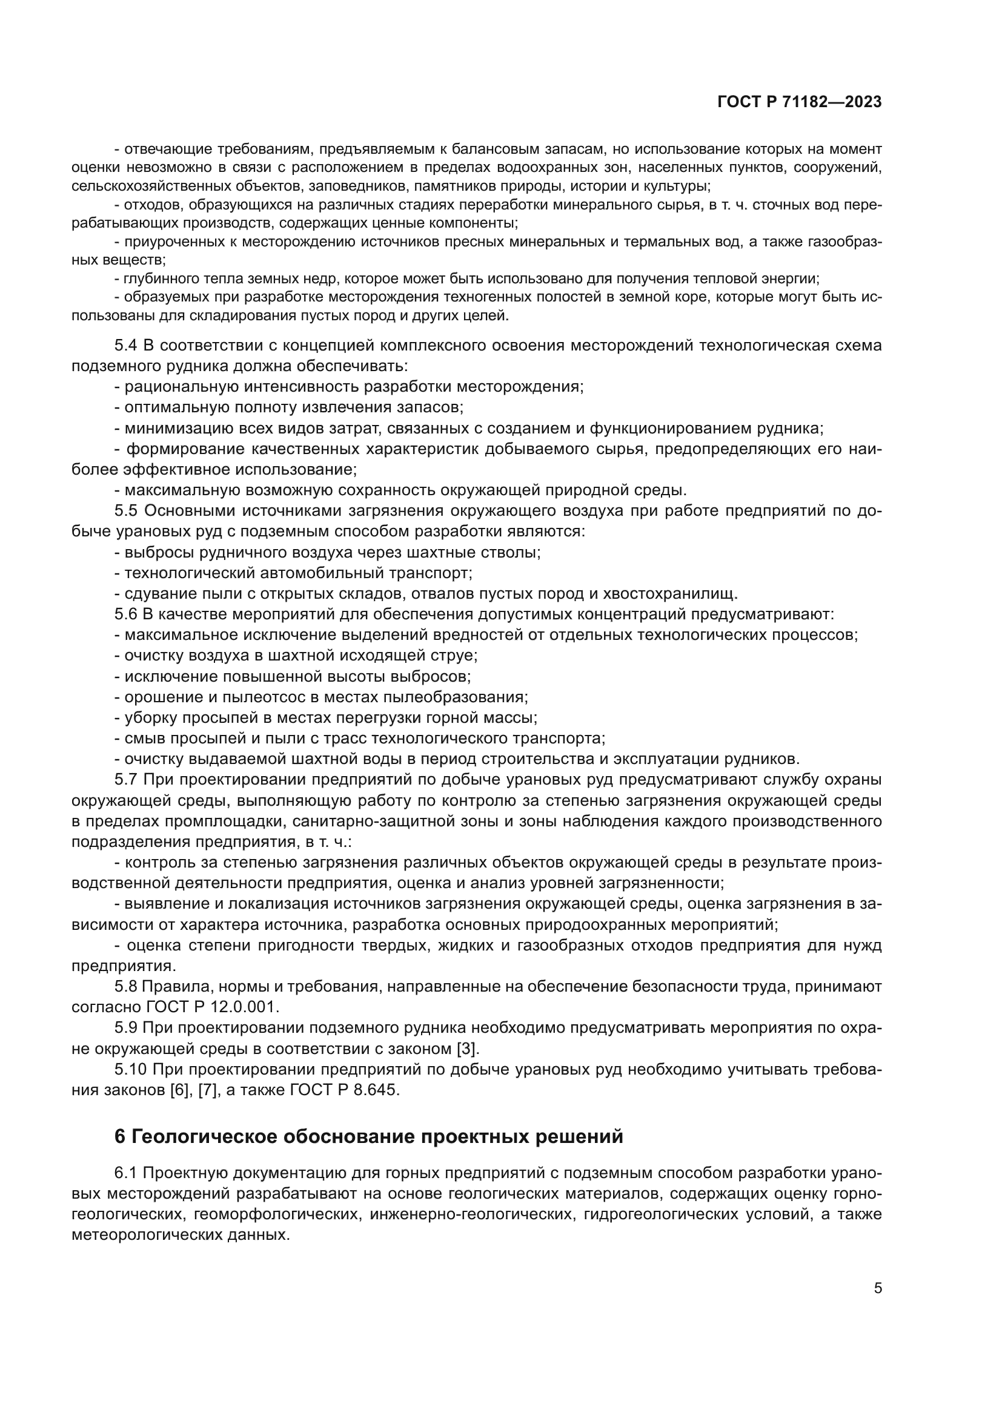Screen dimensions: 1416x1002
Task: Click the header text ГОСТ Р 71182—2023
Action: point(800,102)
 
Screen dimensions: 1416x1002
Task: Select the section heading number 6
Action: point(120,1137)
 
